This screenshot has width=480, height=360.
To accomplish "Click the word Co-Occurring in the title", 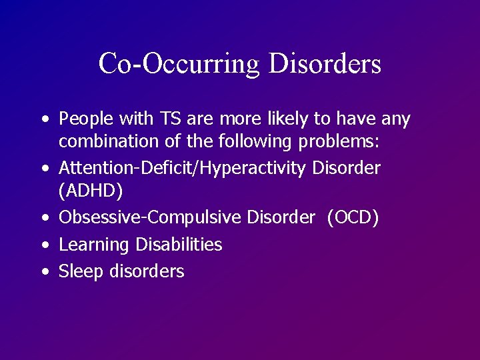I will click(x=179, y=64).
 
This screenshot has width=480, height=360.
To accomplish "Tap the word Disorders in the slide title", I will click(x=325, y=64).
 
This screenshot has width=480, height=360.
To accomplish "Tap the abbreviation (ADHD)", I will click(x=91, y=191).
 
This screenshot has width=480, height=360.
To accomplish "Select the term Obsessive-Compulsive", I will click(x=151, y=217).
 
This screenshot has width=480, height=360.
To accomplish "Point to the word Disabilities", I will click(x=179, y=245).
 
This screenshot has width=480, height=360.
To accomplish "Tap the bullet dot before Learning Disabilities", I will click(x=44, y=245).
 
